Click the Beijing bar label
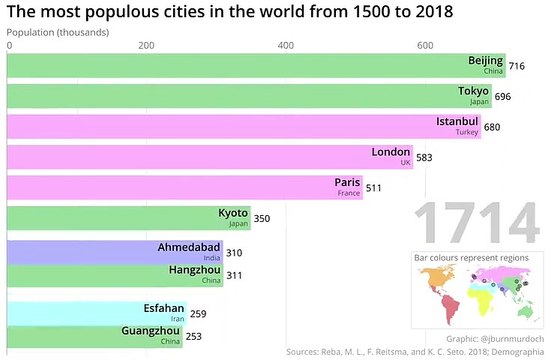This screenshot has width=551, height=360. click(486, 60)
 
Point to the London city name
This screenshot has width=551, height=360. click(390, 152)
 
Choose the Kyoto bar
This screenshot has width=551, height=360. click(120, 218)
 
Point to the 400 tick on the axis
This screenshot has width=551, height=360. click(285, 46)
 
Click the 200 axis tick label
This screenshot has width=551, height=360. click(146, 46)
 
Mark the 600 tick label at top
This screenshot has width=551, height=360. click(424, 46)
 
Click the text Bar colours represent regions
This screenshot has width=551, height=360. click(472, 259)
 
